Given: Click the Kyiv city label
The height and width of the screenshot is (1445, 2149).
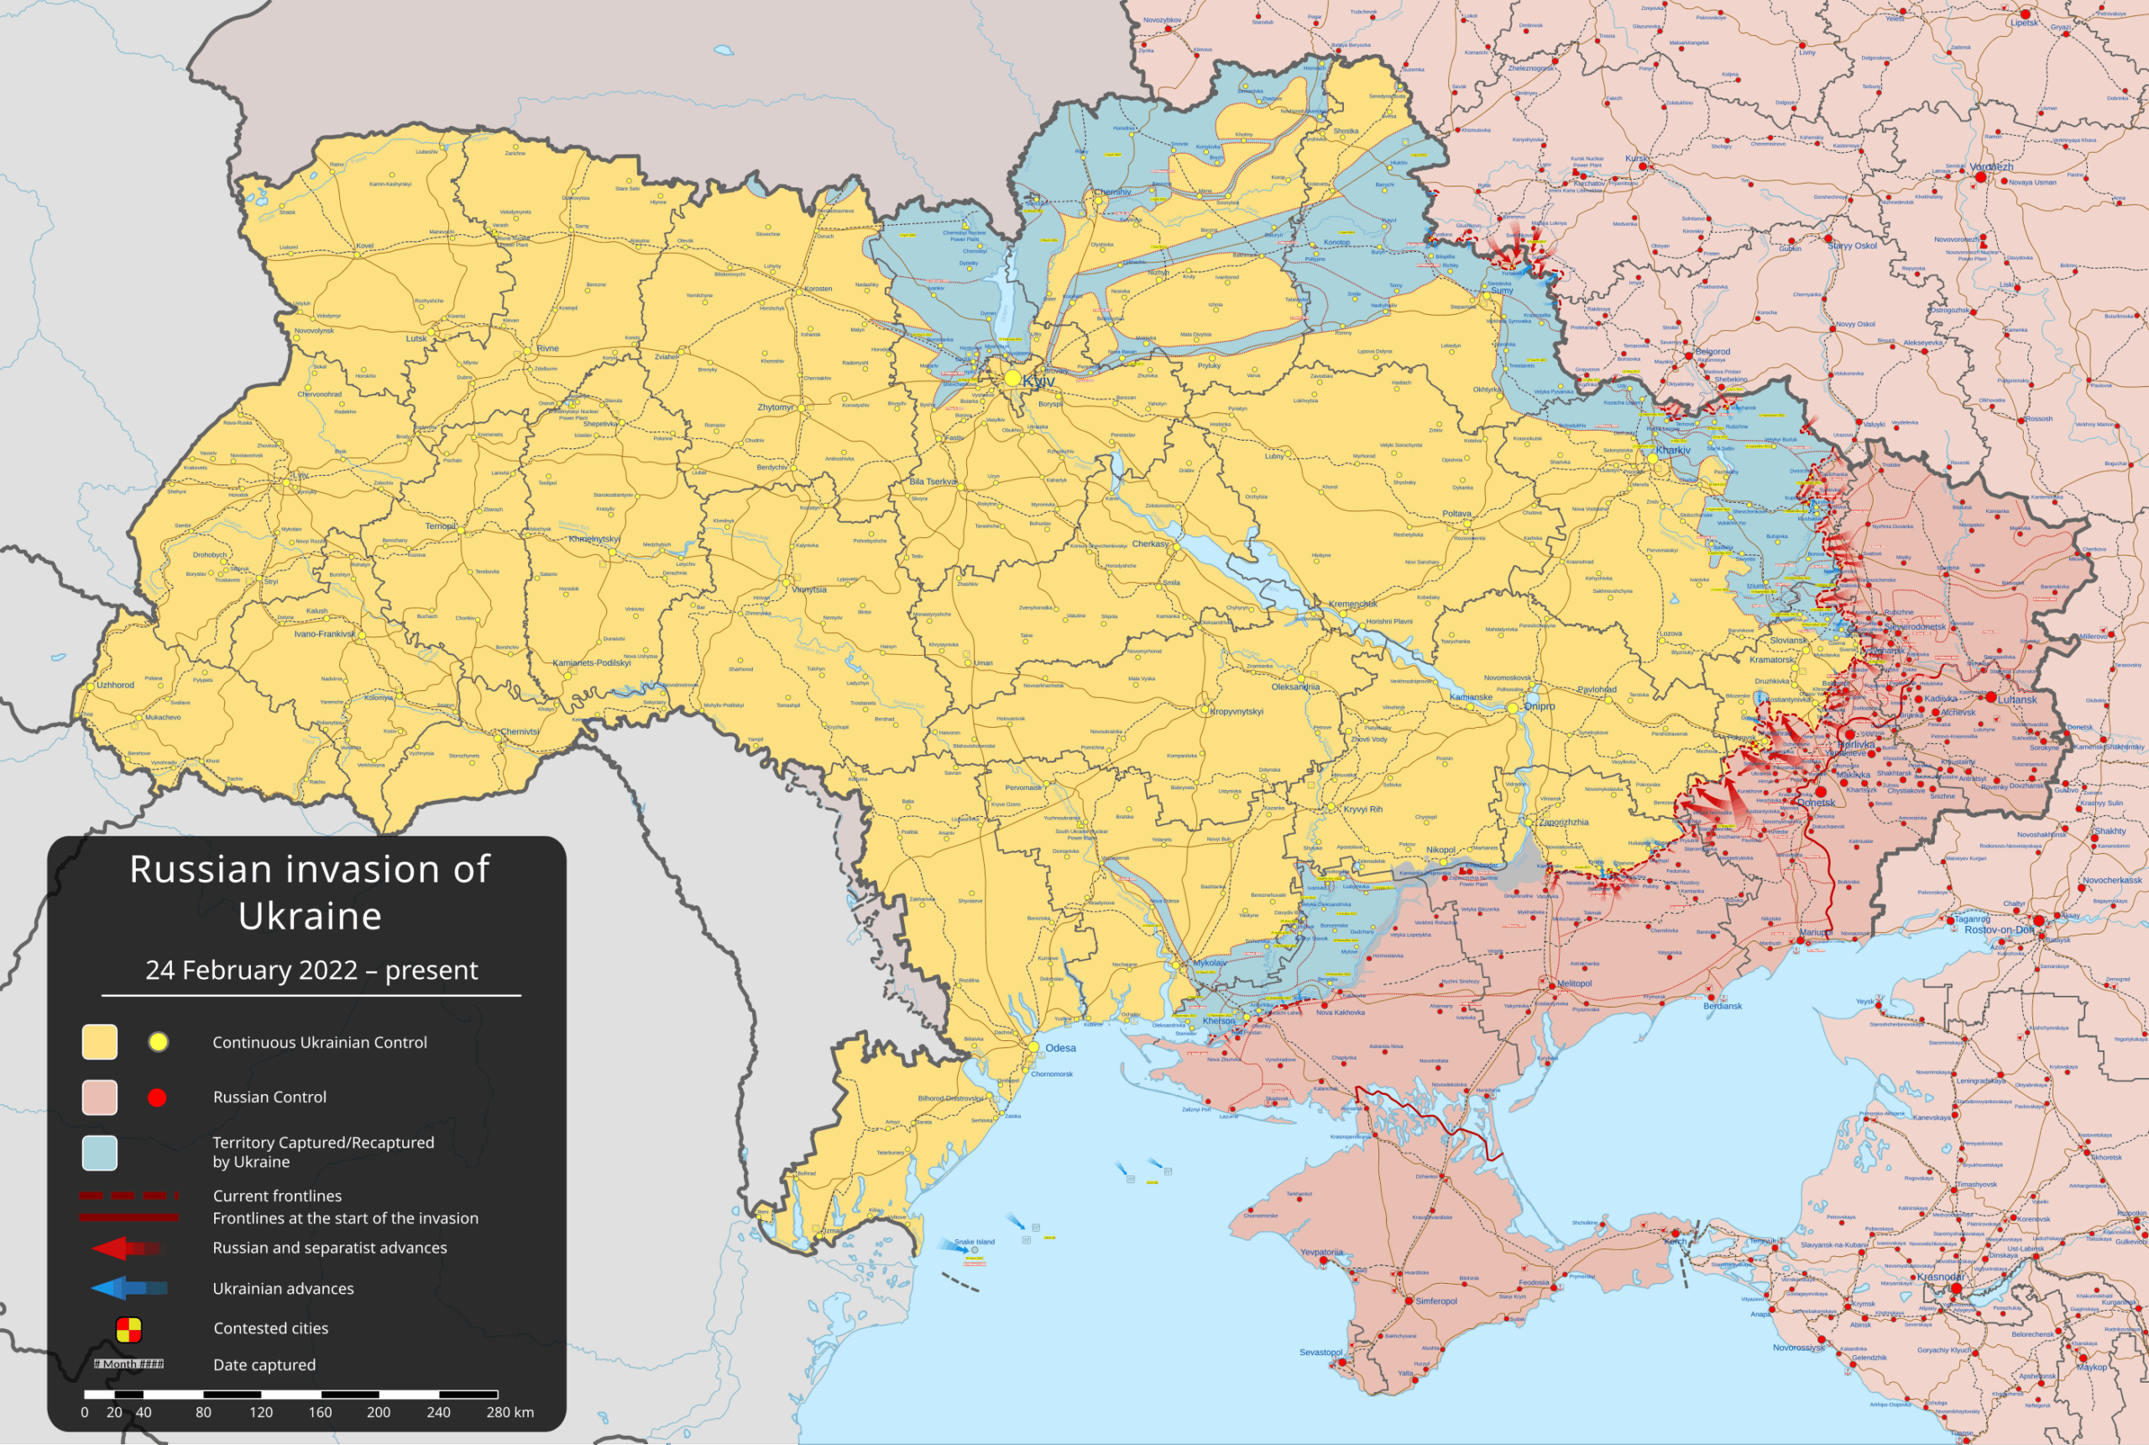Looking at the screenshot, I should coord(1039,380).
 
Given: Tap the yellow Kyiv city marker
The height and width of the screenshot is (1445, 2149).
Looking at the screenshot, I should coord(1012,379).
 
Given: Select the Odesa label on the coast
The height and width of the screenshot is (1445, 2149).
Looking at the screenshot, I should coord(1060,1048).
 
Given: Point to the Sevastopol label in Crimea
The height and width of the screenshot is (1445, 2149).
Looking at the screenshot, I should coord(1320,1352).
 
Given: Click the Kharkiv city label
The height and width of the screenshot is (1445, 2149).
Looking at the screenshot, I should coord(1673,451).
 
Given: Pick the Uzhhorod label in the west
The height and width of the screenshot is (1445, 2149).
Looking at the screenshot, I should coord(115,684).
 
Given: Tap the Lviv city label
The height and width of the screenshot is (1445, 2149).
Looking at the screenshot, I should coord(301,474).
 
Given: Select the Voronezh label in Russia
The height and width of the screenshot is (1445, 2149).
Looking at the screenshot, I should coord(1991,167).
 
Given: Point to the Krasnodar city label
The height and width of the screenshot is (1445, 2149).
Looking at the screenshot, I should coord(1941,1276).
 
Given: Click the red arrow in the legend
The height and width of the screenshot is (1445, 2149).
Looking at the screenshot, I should coord(126,1249).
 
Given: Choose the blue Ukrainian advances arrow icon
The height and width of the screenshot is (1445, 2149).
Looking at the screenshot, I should coord(129,1288).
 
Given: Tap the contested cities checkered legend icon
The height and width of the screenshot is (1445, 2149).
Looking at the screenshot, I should coord(128,1329).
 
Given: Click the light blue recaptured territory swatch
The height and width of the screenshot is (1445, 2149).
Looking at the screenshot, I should coord(100,1153).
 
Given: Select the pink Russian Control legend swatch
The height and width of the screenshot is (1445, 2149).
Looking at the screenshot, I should coord(100,1097).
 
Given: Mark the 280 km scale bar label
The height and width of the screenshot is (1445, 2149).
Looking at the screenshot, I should coord(510,1411).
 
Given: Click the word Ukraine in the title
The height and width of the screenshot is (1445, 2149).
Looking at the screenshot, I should coord(310,915).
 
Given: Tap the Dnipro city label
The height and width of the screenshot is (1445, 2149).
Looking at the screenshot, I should coord(1540,706).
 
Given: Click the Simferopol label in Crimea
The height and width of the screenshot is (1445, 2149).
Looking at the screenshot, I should coord(1436,1301).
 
